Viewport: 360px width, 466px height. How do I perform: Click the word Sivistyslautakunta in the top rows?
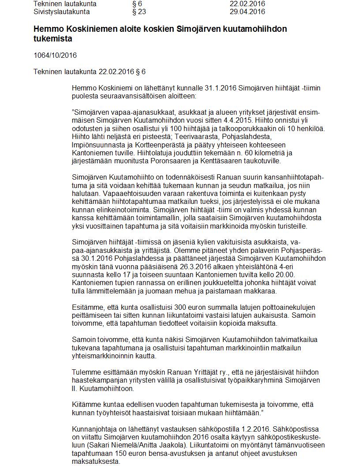[x=62, y=12]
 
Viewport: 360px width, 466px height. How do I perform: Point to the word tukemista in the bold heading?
[x=53, y=39]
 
